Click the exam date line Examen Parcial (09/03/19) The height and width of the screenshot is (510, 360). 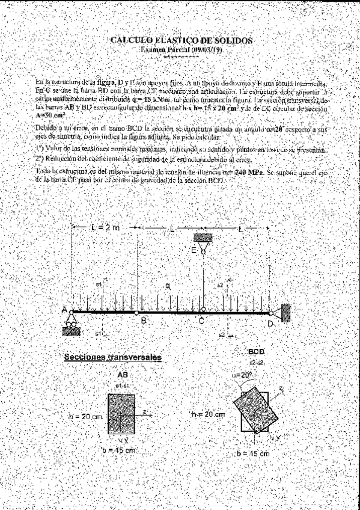181,50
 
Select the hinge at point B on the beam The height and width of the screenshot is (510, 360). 136,313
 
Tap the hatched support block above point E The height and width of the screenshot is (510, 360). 203,236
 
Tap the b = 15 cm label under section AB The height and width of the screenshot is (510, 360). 119,449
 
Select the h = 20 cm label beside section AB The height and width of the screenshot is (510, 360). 87,415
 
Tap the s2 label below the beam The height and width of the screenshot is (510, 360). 222,334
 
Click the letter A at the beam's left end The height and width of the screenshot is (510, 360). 64,310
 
